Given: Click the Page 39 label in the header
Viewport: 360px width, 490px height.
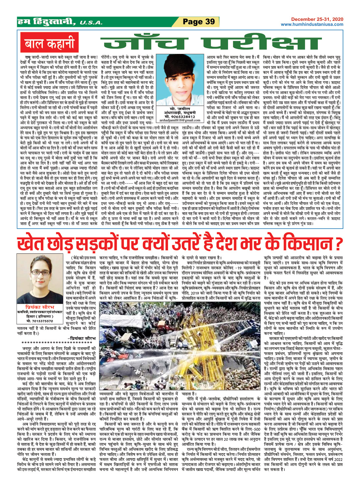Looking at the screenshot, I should [x=199, y=22].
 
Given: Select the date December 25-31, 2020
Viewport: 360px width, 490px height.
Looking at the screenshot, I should [x=317, y=19].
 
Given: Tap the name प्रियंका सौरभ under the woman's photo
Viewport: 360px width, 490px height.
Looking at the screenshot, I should [x=41, y=305].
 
